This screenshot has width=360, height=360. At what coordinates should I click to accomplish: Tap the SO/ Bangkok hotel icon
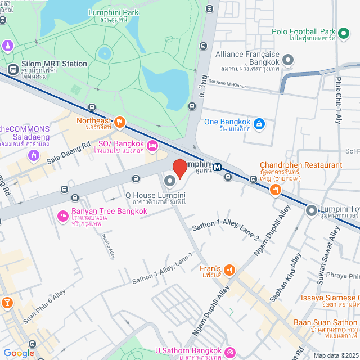coord(152,146)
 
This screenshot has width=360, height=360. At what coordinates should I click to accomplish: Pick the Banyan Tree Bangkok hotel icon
coord(62,216)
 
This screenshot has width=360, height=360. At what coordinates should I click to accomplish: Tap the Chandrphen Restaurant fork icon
coord(275,190)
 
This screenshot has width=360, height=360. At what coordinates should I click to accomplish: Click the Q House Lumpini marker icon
coord(170,181)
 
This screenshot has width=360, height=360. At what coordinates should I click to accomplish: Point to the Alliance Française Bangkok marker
coord(288,60)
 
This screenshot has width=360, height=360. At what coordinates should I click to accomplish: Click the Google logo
coord(19,353)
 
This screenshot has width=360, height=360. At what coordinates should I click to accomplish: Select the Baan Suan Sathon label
coord(325,323)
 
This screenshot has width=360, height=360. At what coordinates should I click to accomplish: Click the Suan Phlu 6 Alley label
coord(44,307)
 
